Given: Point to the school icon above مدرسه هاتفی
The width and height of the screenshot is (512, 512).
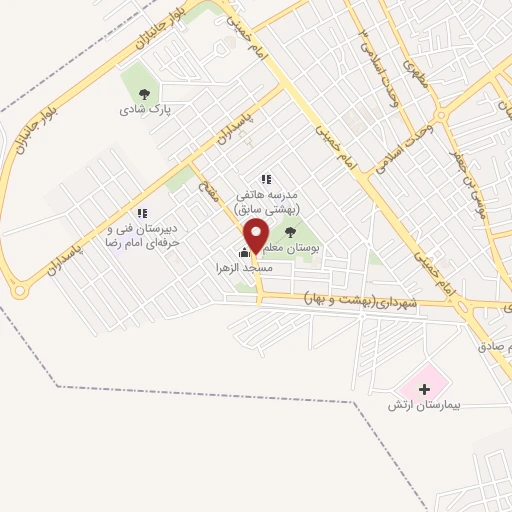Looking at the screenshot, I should point(265,179).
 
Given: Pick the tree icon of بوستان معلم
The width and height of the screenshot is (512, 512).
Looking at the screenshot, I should point(291,232).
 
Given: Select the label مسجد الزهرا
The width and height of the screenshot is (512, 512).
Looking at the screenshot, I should point(239,269).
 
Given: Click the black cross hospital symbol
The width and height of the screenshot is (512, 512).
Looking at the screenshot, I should point(424,387).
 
